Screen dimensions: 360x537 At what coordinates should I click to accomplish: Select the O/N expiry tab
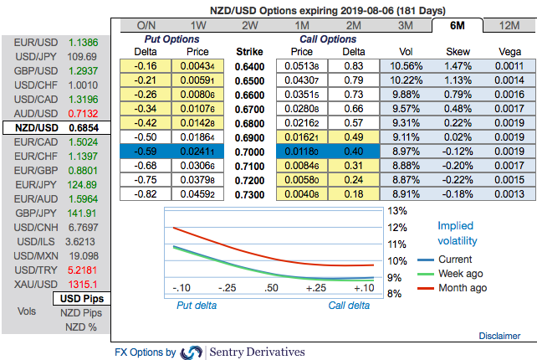pyautogui.click(x=146, y=25)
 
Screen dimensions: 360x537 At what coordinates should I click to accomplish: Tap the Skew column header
pyautogui.click(x=458, y=51)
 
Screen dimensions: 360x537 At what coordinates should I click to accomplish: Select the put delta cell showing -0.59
pyautogui.click(x=146, y=152)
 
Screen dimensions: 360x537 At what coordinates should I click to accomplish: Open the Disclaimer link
pyautogui.click(x=499, y=336)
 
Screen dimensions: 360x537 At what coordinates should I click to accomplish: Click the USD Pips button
pyautogui.click(x=81, y=299)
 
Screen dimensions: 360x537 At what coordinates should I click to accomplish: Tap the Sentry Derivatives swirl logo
pyautogui.click(x=192, y=352)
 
